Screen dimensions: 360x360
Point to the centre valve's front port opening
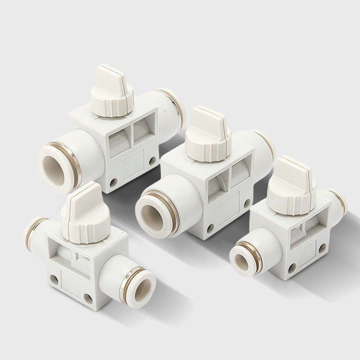153,211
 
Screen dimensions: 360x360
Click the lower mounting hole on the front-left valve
86,297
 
